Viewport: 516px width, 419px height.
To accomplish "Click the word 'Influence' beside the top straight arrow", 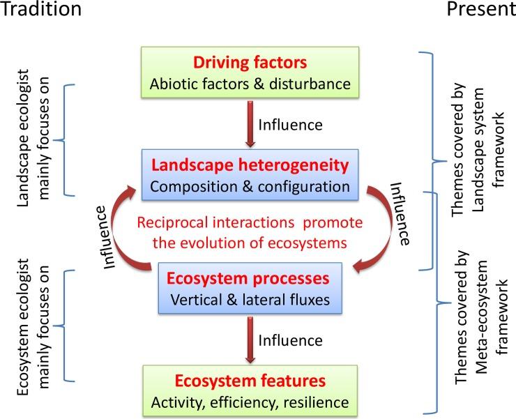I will pos(290,126).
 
